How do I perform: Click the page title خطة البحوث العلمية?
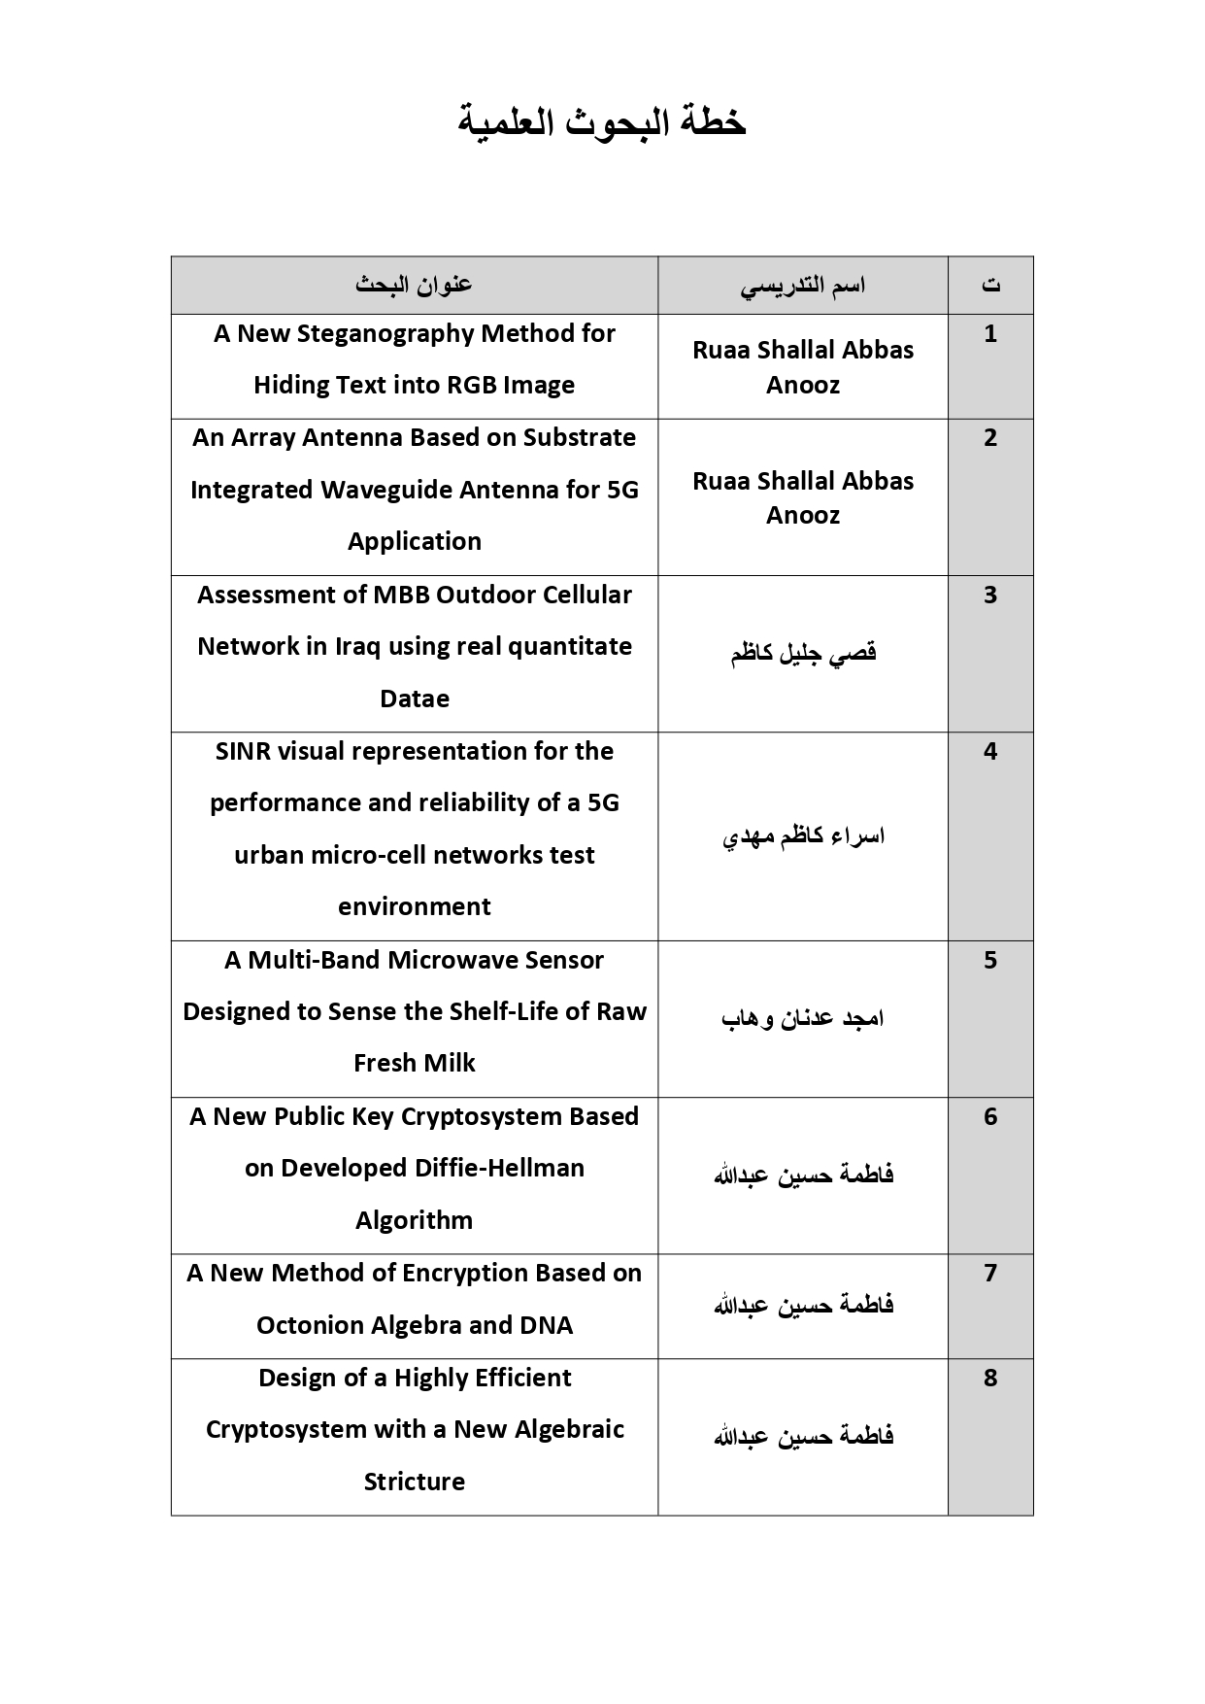point(602,123)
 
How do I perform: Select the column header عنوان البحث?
point(414,285)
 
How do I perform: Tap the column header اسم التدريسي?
point(802,286)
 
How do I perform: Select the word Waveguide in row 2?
point(386,490)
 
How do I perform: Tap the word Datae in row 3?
point(415,699)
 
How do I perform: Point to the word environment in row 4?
point(415,906)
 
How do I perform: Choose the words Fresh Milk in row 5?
point(415,1063)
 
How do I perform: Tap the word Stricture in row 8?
point(415,1482)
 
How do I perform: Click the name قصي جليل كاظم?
point(803,653)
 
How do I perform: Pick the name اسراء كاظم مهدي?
point(803,835)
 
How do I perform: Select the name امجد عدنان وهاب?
point(803,1018)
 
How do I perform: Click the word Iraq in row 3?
point(356,647)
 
